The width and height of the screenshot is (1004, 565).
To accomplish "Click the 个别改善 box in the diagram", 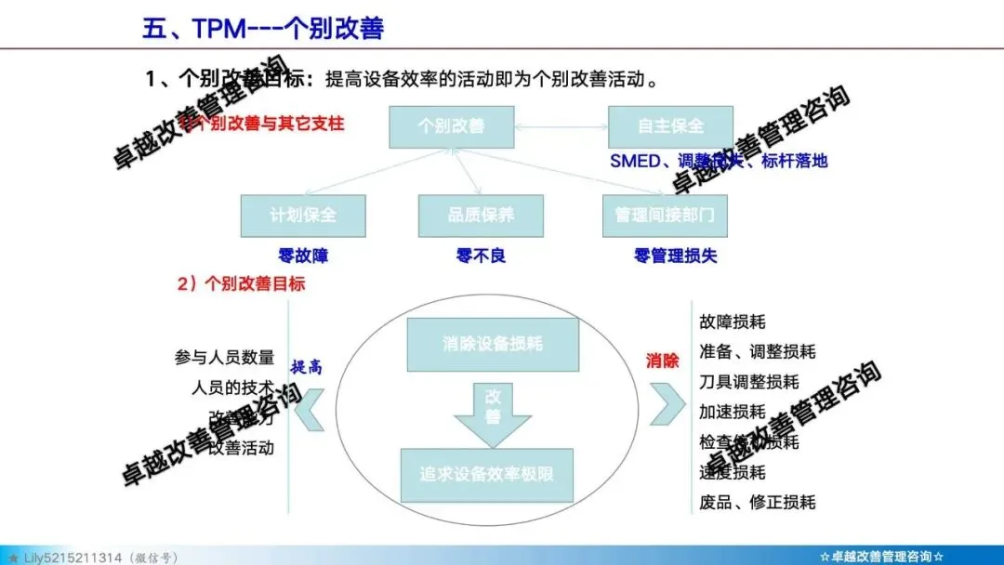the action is tap(451, 125).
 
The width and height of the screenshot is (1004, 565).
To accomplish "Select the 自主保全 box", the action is tap(670, 125).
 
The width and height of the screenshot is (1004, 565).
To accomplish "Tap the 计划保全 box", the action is tap(303, 216).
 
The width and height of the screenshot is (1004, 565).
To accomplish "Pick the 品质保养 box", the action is tap(481, 216).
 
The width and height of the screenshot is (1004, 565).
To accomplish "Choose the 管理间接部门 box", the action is tap(665, 216).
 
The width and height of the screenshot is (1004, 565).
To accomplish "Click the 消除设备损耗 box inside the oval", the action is tap(493, 344).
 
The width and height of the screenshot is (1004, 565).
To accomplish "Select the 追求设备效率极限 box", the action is tap(487, 474).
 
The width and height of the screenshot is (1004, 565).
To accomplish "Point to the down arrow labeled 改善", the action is tap(493, 409).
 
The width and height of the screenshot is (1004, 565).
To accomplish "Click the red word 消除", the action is tap(662, 361).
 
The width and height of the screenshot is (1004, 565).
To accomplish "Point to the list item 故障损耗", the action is tap(733, 322).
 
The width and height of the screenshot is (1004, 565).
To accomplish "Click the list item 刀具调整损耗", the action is tap(748, 382).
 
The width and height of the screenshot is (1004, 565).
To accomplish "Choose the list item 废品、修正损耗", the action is tap(757, 502).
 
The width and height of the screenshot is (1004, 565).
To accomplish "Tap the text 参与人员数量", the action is tap(224, 358).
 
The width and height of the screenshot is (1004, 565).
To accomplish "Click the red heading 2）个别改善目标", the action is tap(241, 283).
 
